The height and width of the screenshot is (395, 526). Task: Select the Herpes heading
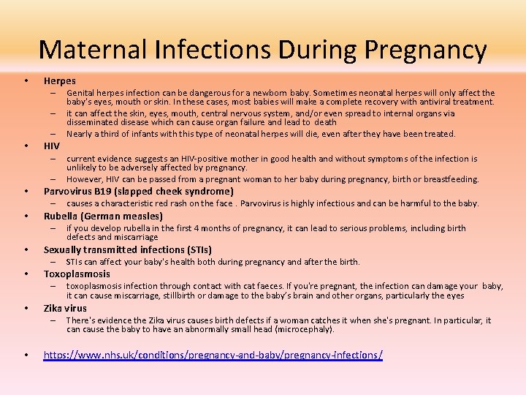59,80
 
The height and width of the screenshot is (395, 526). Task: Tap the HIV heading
52,146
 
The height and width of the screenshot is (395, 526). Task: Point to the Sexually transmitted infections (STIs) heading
128,249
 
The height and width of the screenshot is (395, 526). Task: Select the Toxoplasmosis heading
77,274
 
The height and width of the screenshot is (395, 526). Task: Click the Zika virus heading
65,308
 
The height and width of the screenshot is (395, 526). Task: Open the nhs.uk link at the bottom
213,355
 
